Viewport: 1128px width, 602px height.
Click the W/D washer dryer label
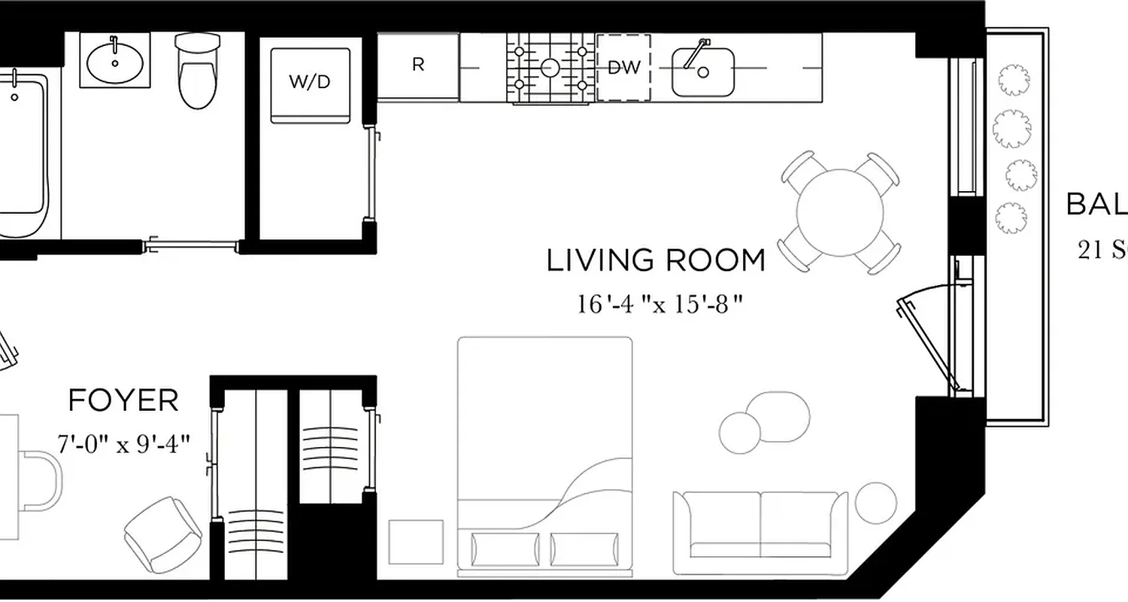click(x=310, y=82)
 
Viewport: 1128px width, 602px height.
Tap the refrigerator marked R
click(x=418, y=65)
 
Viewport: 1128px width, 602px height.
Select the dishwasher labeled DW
click(x=623, y=68)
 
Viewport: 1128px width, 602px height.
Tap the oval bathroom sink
click(x=114, y=62)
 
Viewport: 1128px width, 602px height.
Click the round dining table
click(x=840, y=212)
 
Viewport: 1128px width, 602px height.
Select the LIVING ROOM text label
click(x=655, y=261)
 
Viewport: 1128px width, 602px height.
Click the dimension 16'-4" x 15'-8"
click(x=660, y=304)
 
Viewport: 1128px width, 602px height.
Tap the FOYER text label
click(x=123, y=401)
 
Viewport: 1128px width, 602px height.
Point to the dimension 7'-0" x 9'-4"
click(x=123, y=444)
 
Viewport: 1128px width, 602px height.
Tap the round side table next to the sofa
click(x=876, y=503)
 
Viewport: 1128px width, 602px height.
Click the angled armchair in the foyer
click(x=163, y=534)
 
